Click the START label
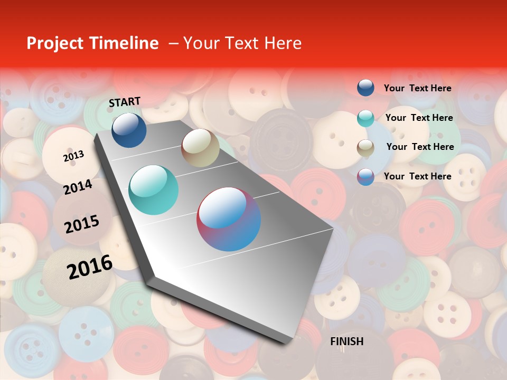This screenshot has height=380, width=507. coord(125,102)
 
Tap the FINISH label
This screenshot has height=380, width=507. coord(347,341)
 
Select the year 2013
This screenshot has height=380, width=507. coord(73,156)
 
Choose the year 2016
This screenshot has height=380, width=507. coord(90,267)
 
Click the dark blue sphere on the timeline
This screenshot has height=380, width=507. coord(129,130)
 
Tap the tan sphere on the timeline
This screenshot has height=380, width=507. coord(200,148)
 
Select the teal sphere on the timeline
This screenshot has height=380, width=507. coord(154,190)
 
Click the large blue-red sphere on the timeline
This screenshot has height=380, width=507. coord(229,219)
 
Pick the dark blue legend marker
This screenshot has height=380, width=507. coord(365,88)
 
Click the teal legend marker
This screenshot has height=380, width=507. coord(365,118)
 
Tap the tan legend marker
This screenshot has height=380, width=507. coord(365,148)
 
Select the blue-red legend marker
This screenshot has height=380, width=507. coord(365,177)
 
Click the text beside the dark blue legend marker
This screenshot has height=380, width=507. coord(417,88)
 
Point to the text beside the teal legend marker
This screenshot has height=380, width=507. coord(419,118)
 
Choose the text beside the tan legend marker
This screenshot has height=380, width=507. coord(420,147)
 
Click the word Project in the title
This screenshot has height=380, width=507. coord(55,43)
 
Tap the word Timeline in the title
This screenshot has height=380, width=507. coord(124,43)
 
